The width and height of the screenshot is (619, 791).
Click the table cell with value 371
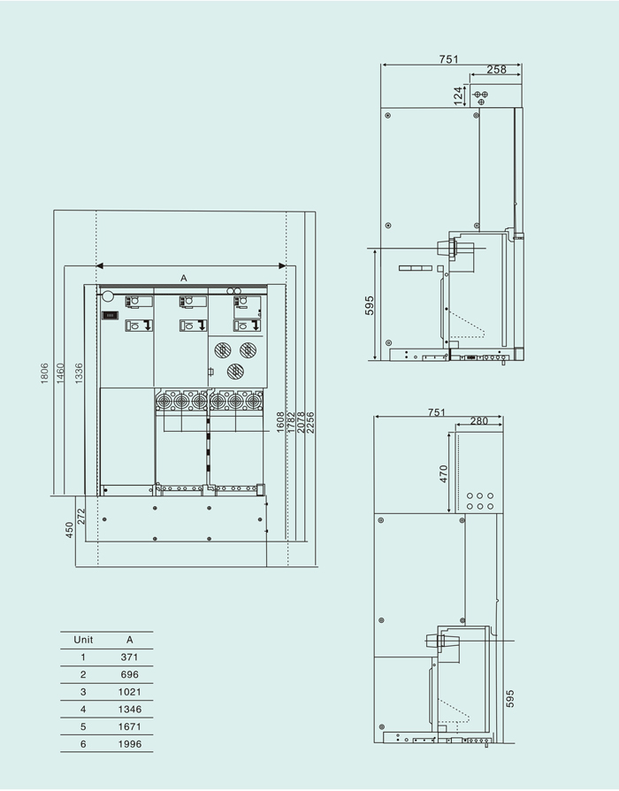point(129,657)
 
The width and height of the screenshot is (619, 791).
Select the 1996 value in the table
point(129,743)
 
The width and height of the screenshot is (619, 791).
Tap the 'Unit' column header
point(83,640)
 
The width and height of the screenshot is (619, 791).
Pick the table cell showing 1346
point(129,709)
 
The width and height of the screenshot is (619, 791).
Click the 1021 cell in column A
point(129,692)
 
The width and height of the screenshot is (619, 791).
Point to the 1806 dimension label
point(45,373)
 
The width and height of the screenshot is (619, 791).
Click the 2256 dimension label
point(310,423)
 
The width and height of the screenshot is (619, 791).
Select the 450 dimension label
point(70,530)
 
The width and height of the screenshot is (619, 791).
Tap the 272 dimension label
point(81,517)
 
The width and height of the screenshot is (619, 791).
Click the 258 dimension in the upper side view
point(496,70)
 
